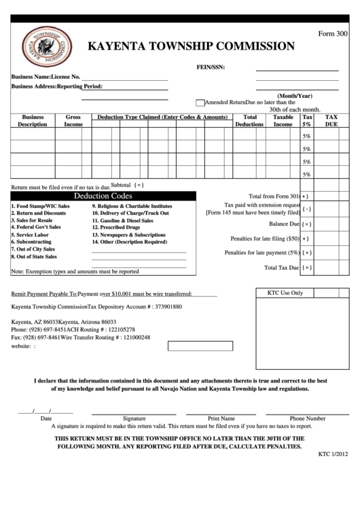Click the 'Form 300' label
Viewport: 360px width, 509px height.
coord(333,33)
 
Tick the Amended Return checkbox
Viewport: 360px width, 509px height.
coord(200,103)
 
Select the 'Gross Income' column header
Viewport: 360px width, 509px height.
coord(73,121)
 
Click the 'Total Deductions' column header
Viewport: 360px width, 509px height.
coord(249,121)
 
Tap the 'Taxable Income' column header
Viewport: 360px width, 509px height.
coord(283,121)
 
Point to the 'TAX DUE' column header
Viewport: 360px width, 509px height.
coord(331,121)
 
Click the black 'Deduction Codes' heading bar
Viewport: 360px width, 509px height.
coord(103,196)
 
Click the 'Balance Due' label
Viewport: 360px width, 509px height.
coord(284,224)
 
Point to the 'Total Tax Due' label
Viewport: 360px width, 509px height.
coord(281,268)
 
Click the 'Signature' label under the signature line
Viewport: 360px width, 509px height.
coord(134,419)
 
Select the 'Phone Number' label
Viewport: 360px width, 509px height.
coord(307,419)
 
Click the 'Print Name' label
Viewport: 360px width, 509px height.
coord(221,419)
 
